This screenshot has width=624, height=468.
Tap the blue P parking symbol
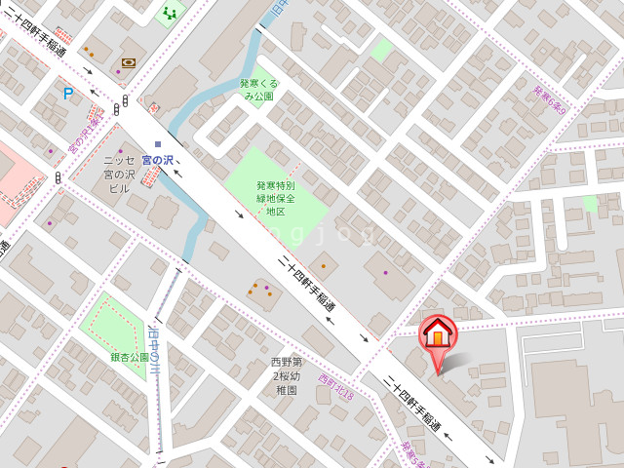coord(67,94)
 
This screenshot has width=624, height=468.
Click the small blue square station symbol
coord(158,144)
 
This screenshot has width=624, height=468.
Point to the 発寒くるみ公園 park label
coord(258,90)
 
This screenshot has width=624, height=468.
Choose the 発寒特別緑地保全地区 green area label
coord(275,198)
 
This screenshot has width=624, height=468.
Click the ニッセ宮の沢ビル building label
coord(118,174)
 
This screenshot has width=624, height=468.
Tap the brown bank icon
coord(129,62)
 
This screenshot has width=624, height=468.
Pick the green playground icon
coord(171,13)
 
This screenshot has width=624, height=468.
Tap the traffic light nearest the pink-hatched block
coord(58,177)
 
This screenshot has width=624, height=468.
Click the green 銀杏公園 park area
coord(113,322)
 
